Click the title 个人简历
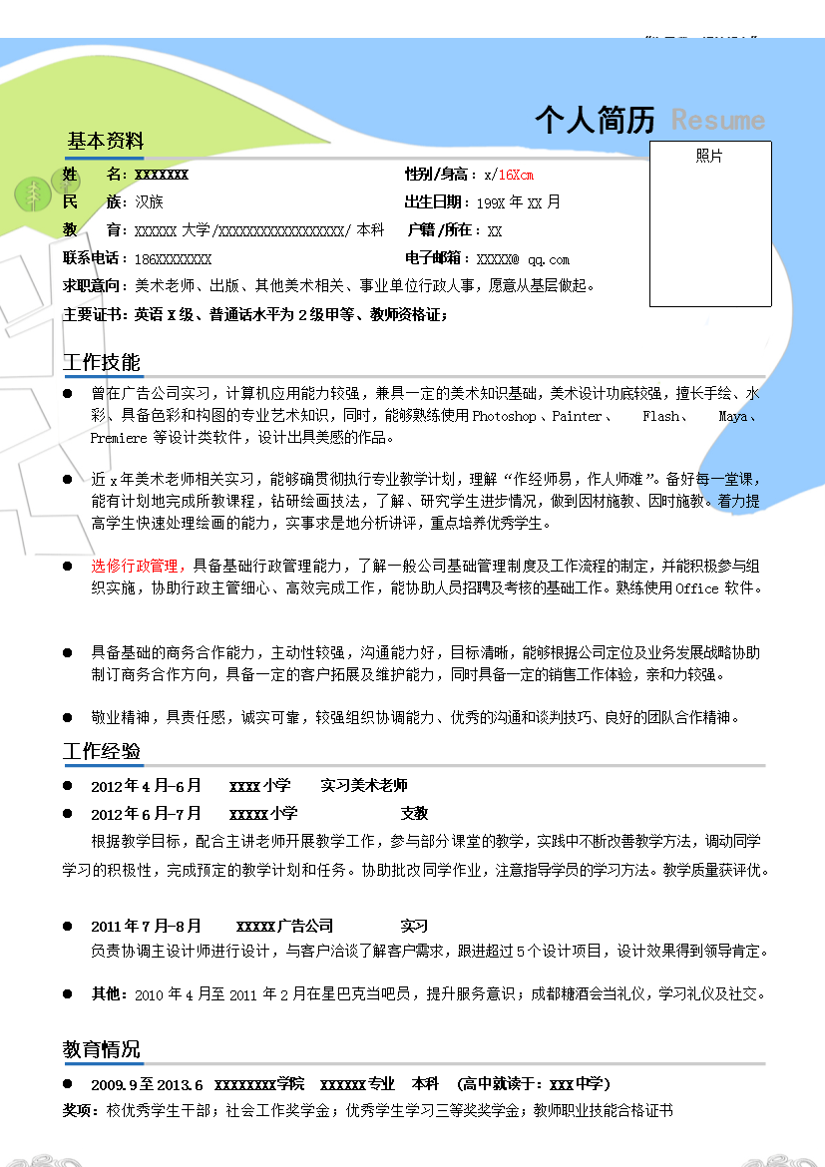pos(595,120)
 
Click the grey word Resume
pos(717,121)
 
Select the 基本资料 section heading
pos(105,141)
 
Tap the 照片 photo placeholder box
pos(710,224)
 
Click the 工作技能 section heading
pos(102,362)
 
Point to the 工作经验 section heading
pos(102,751)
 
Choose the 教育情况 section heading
pos(102,1049)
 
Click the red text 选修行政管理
pos(134,566)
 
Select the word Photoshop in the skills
pos(505,416)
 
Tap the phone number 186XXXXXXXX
pos(172,259)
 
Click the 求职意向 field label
pos(92,286)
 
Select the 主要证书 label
pos(92,314)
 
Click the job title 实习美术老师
pos(363,786)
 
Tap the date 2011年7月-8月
pos(146,926)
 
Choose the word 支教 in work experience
pos(414,814)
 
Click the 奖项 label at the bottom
pos(80,1110)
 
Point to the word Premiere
pos(119,438)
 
